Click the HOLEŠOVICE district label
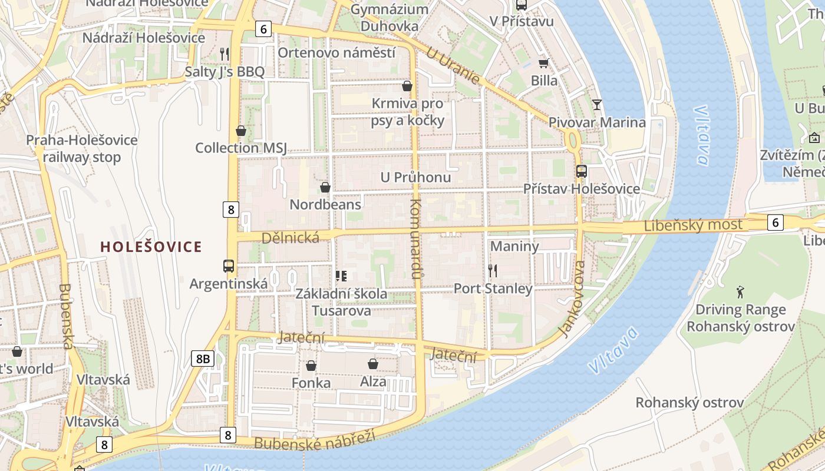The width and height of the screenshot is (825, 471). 151,247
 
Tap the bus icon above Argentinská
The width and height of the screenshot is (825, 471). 229,266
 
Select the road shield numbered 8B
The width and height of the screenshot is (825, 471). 202,359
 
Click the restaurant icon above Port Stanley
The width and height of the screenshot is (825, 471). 493,271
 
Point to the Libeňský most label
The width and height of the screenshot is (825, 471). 693,225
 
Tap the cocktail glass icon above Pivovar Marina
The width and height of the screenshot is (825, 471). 597,105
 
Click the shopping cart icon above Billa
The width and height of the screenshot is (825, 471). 543,63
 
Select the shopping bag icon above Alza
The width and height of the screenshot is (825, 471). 372,364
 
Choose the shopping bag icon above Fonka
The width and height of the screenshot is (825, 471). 311,366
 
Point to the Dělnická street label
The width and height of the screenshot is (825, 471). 290,237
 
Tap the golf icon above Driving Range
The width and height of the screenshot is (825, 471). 740,291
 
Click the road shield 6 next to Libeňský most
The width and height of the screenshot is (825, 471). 775,222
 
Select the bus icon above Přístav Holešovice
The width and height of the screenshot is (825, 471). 581,171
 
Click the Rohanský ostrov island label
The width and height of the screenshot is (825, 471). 689,403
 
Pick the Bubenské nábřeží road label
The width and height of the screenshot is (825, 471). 315,440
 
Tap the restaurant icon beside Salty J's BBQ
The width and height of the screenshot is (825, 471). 224,54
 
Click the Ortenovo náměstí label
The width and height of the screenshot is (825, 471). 336,52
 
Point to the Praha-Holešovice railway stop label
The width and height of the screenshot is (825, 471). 81,148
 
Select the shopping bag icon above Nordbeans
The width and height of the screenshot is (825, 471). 325,187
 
